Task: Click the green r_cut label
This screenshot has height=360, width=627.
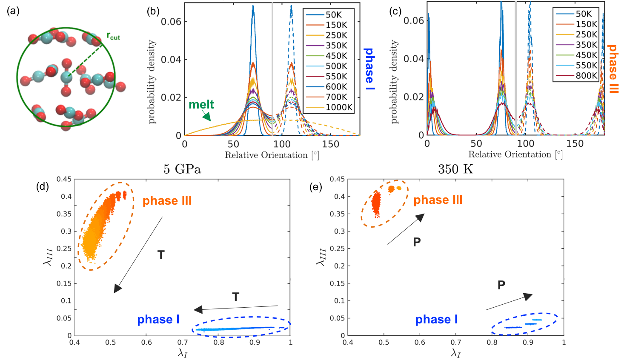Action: coord(113,37)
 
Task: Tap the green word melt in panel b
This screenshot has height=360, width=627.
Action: coord(201,104)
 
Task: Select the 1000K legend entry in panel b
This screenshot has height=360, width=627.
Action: coord(339,107)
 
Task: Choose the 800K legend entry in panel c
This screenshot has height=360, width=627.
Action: coord(586,76)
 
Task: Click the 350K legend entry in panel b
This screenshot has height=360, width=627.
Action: coord(336,46)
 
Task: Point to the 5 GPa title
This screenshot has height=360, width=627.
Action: coord(182,169)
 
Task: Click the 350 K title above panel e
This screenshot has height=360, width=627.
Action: coord(455,169)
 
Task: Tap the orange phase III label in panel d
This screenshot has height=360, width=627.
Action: coord(167,201)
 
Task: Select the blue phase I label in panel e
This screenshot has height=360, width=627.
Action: coord(436,320)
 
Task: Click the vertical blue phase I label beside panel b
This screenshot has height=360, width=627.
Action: coord(369,69)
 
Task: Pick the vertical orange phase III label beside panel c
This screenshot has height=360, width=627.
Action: coord(613,69)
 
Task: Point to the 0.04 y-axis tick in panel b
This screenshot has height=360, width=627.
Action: coord(171,60)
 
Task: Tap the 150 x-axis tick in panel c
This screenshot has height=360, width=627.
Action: coord(575,144)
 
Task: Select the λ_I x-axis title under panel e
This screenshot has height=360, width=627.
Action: coord(455,353)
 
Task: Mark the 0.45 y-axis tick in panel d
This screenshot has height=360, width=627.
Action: coord(64,179)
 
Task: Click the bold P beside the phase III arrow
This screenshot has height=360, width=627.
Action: coord(417,242)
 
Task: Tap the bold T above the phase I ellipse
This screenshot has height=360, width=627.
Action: coord(235,297)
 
